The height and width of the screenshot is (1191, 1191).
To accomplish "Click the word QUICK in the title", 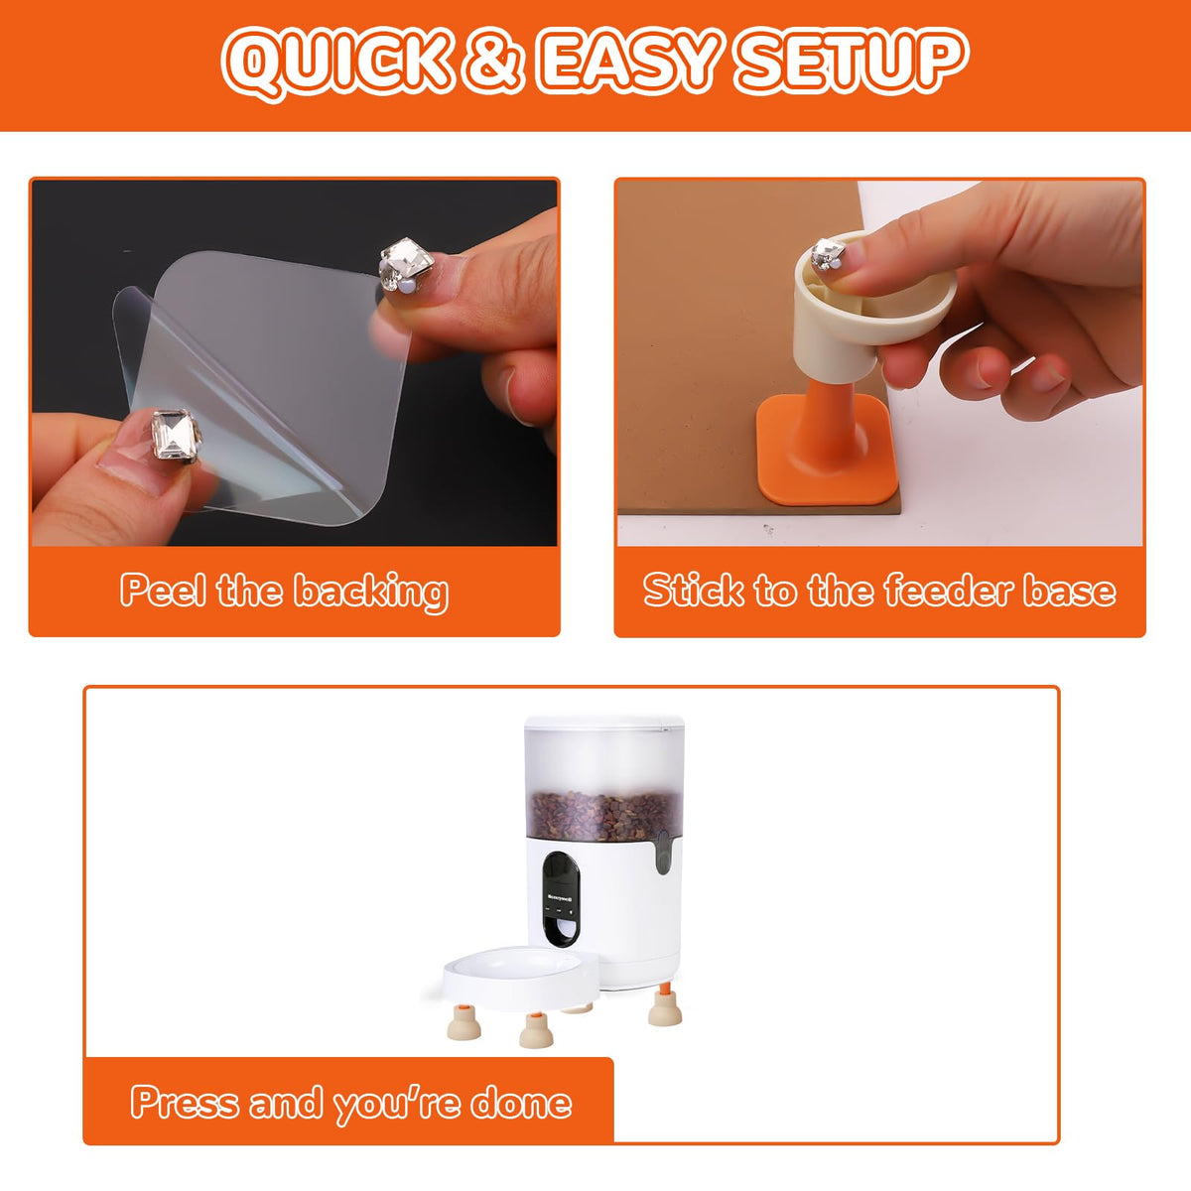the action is point(336,63).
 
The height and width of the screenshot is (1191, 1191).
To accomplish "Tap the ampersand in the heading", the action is point(492,62).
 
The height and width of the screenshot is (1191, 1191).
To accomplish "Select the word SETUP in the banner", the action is point(853,62).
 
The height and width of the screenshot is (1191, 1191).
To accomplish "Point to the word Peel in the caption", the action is point(163,591).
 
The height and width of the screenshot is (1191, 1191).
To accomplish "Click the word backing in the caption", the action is point(371,594).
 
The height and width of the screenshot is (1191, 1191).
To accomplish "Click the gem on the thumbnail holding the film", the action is point(176,435).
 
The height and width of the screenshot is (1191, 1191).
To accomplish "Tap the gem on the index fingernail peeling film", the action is point(407,265).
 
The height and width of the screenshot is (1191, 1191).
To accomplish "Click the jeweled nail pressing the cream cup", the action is point(828,255).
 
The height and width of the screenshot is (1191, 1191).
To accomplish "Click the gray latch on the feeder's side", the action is point(663,852).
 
